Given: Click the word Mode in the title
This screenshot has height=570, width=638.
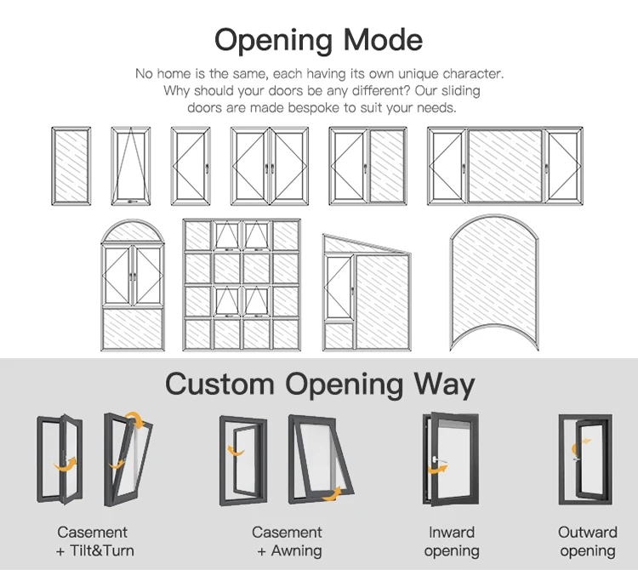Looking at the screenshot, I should point(379,39).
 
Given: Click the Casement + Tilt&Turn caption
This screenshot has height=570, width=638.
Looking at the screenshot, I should point(94,541).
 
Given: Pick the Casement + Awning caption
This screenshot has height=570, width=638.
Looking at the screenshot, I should point(287,541).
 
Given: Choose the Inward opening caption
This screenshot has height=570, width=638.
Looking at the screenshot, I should point(451,541).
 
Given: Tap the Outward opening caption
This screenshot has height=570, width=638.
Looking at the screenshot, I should point(588,541).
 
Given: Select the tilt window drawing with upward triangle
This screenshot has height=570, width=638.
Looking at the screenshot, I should point(129,167).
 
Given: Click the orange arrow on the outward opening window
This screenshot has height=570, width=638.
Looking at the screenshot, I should point(581,447).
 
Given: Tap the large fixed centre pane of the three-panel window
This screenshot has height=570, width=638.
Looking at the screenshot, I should point(504,167).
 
